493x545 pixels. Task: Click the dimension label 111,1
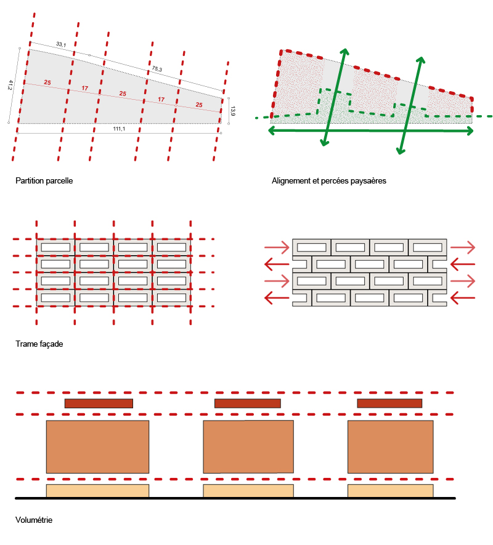(x=119, y=129)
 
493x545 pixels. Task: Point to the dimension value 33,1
(x=61, y=44)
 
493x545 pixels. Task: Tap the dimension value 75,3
(x=157, y=69)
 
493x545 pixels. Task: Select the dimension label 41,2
(x=10, y=85)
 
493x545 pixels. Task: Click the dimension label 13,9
(x=233, y=111)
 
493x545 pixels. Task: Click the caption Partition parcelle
(x=44, y=180)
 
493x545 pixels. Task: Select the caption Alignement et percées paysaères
(x=329, y=180)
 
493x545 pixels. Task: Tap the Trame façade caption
(x=39, y=344)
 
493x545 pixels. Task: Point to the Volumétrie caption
(x=34, y=520)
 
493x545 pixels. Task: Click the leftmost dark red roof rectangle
(x=99, y=403)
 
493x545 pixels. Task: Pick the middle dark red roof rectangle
(x=248, y=403)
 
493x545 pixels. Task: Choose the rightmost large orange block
(x=390, y=446)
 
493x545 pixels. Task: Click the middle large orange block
(x=248, y=446)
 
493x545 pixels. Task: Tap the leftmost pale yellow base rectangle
(x=97, y=491)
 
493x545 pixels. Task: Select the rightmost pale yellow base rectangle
(x=390, y=491)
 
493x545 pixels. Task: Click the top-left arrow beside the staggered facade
(x=277, y=248)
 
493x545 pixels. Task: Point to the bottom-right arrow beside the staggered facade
(x=463, y=298)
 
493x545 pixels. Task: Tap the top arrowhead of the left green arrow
(x=344, y=52)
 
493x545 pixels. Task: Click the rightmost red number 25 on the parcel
(x=199, y=105)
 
